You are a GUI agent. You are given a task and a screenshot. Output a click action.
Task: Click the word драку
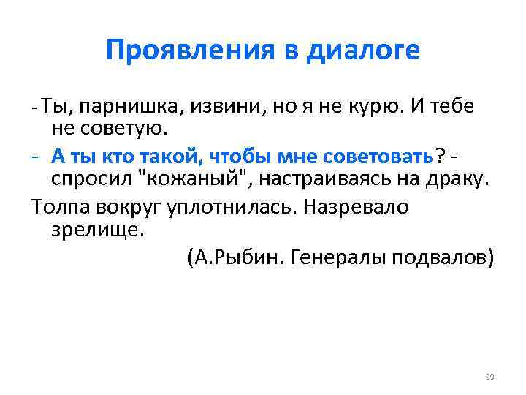[458, 179]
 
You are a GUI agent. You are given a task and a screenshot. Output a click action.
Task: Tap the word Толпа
[61, 206]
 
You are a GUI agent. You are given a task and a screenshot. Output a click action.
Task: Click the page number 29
[489, 377]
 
